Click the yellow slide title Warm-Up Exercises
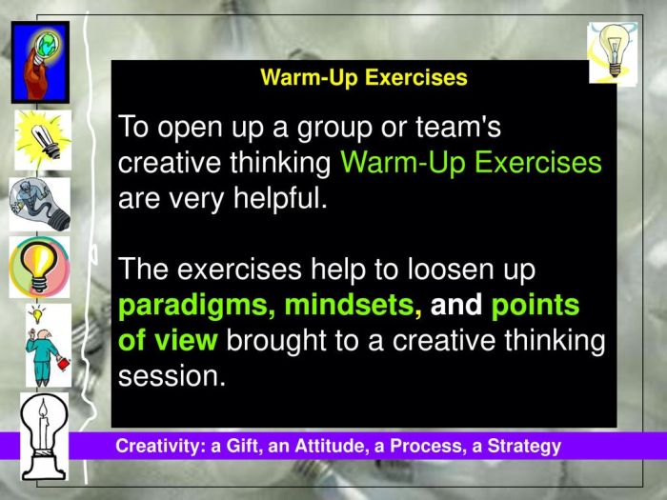(x=364, y=78)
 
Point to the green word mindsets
(x=353, y=307)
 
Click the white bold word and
(x=456, y=306)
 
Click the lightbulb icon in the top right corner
(x=612, y=51)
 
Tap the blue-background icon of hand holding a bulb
(x=40, y=61)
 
